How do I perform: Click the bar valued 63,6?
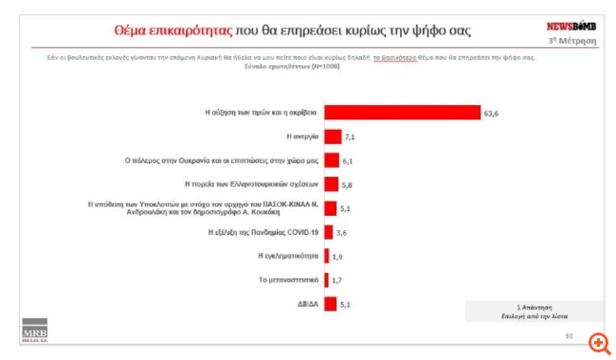[x=402, y=112]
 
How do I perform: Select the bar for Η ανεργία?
[x=334, y=136]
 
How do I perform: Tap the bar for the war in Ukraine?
[x=332, y=160]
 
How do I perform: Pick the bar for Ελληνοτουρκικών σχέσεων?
[x=332, y=184]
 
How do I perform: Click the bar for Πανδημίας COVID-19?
[x=329, y=231]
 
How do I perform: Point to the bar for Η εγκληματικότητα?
[x=326, y=256]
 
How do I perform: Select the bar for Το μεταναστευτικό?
[x=326, y=279]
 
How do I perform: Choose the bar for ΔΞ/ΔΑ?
[x=331, y=305]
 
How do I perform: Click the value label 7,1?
[x=350, y=137]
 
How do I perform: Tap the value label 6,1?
[x=347, y=161]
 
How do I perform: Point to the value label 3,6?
[x=340, y=232]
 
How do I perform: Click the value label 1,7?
[x=335, y=280]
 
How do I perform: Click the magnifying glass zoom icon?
[x=598, y=342]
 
